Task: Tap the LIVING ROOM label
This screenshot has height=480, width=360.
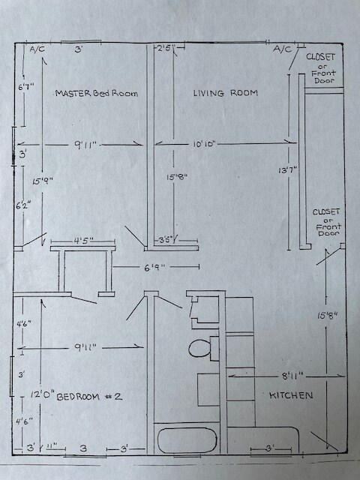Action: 225,93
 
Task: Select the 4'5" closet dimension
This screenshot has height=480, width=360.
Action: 83,241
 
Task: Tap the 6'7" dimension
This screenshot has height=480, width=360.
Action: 25,87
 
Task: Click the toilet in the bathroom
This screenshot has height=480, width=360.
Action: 199,348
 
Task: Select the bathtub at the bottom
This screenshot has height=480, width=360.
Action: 187,439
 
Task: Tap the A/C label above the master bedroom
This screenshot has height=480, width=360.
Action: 37,49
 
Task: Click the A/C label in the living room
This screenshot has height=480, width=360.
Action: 283,49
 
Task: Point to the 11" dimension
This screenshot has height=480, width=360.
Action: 51,447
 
